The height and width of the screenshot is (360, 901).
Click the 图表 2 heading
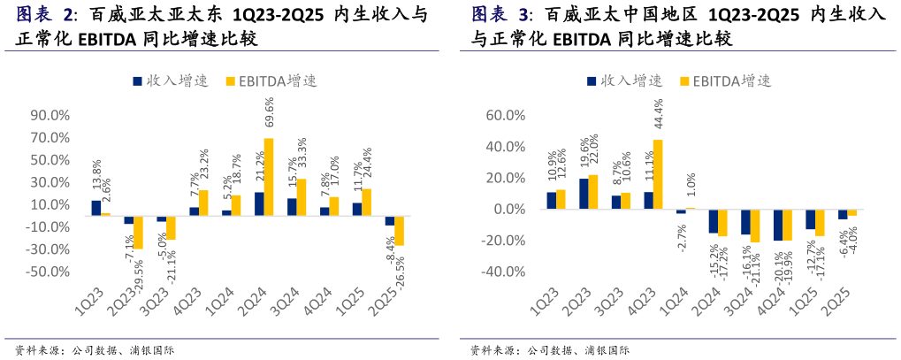coord(44,16)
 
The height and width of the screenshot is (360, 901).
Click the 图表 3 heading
coord(500,15)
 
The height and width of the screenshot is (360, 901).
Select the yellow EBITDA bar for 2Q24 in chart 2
coord(269,176)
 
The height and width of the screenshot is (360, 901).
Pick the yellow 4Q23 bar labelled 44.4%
coord(658,174)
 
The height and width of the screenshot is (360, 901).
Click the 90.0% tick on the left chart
coord(50,115)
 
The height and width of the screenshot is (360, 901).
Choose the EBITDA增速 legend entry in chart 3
coord(724,80)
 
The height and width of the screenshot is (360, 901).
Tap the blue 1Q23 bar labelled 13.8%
coord(95,207)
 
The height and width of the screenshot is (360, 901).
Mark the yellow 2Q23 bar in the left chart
coord(138,232)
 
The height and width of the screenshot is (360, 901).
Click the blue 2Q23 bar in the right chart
coord(584,194)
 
